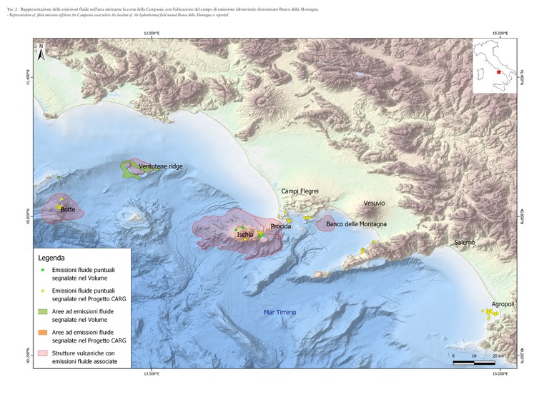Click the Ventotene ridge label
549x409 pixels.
161,166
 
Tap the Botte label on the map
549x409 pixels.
68,209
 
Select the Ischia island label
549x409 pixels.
245,234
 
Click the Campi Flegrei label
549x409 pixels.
300,191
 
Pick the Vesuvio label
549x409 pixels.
374,203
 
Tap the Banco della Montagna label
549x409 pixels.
356,224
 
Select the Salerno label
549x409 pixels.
465,243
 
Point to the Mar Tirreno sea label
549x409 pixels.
280,313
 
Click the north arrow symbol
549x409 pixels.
42,51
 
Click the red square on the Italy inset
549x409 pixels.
498,72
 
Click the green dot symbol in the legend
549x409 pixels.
43,271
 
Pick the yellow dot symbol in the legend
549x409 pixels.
43,291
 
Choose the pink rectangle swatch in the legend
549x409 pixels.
43,353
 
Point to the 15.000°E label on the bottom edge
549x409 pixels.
500,373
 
